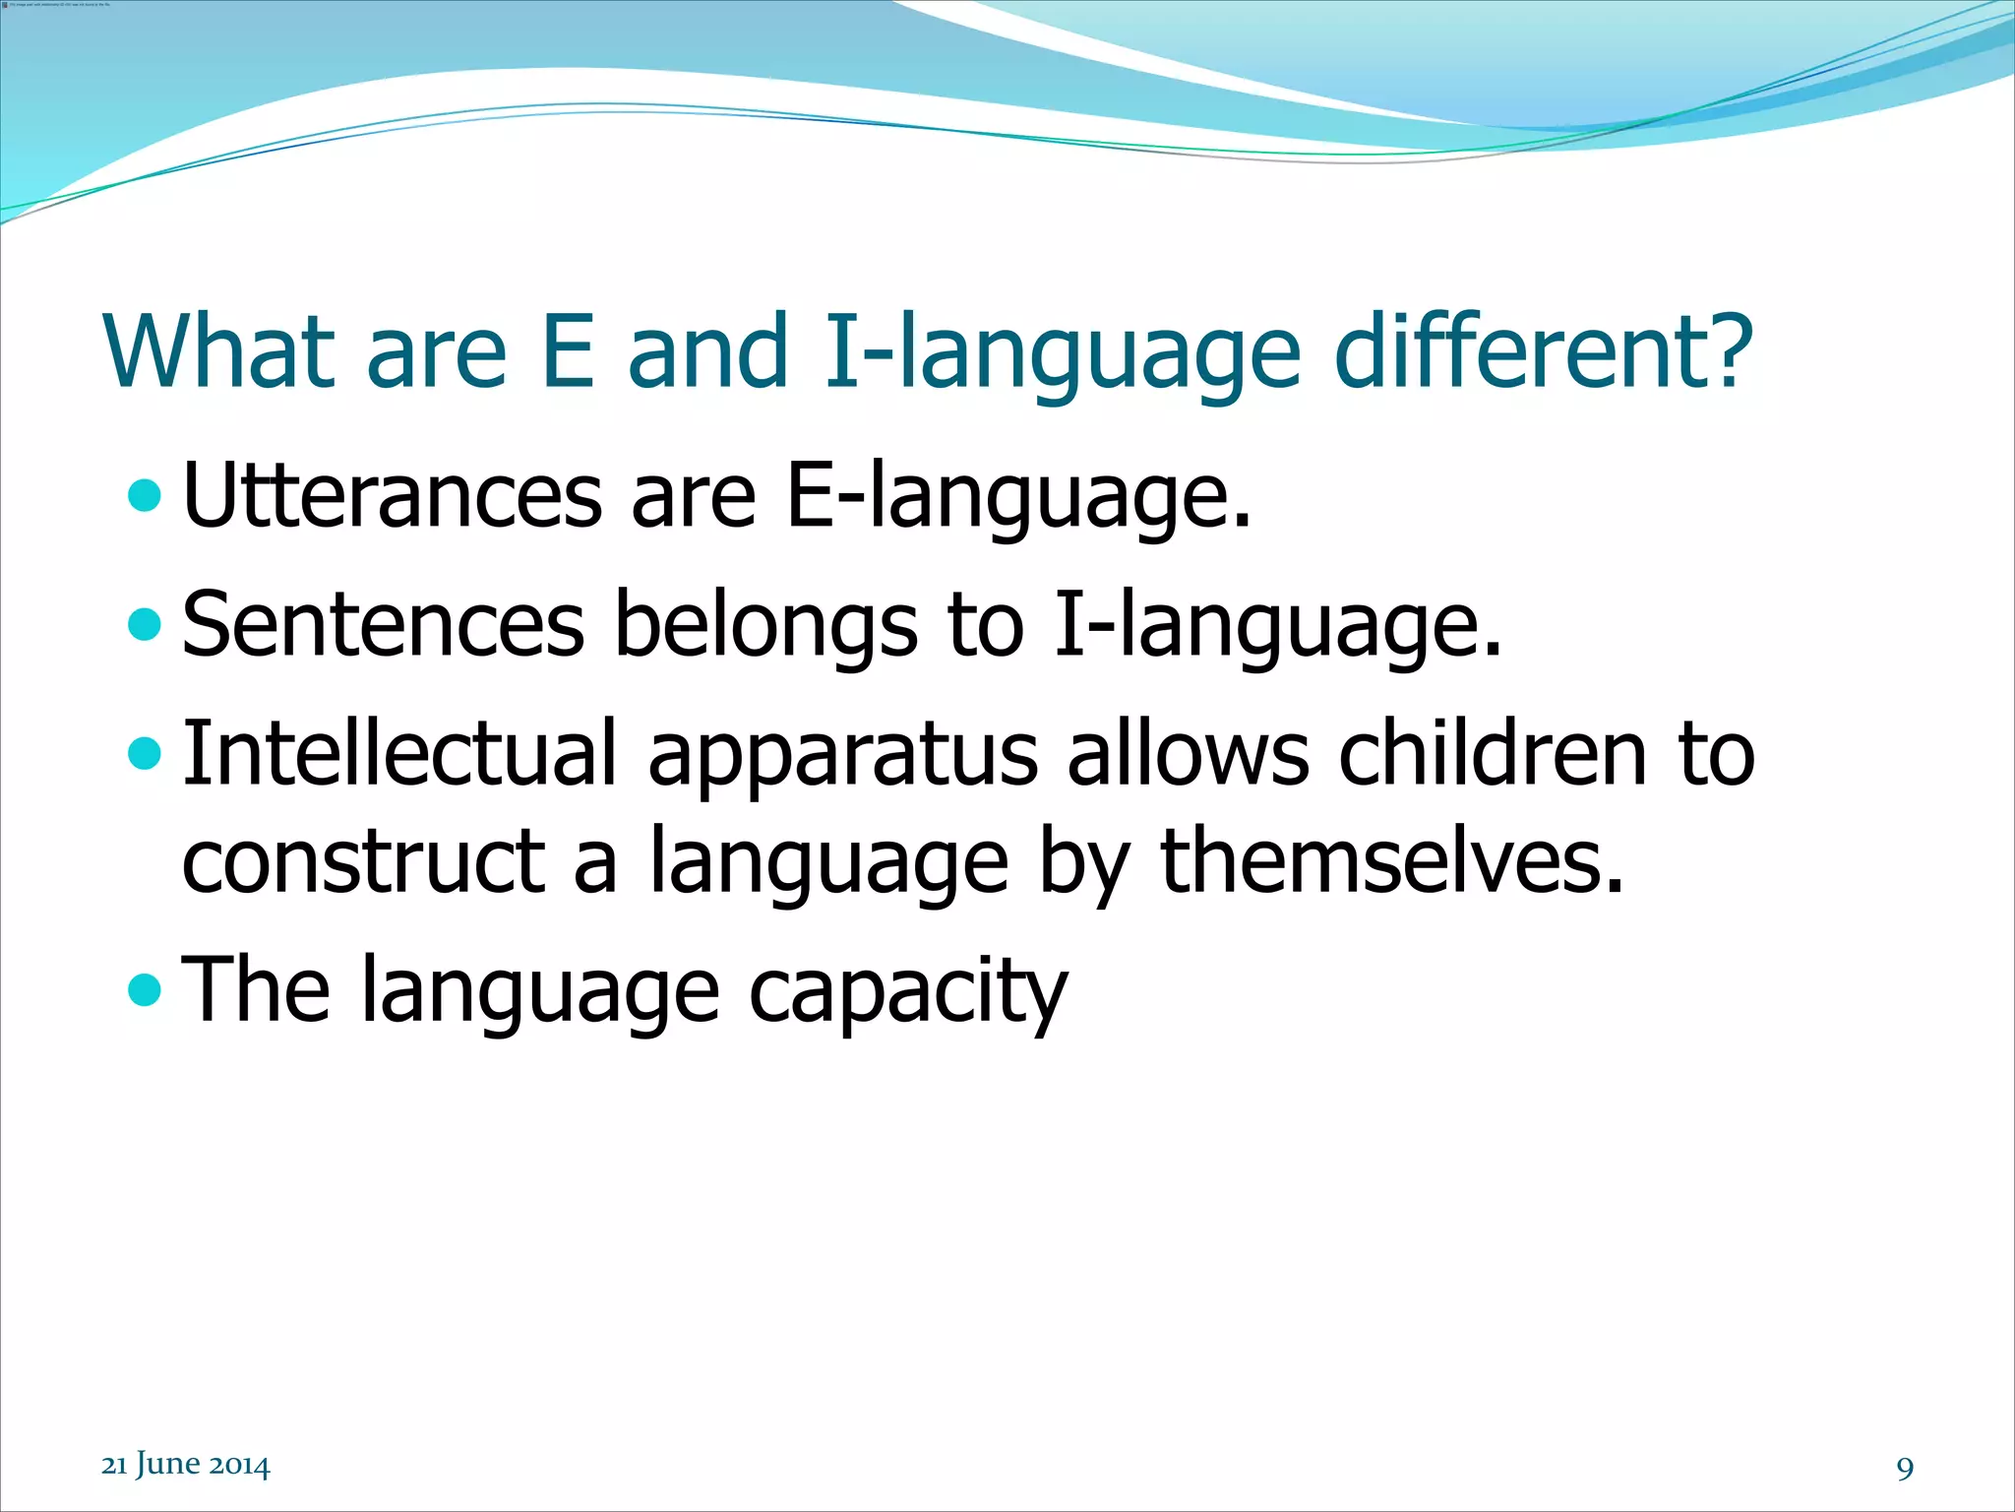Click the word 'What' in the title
pos(218,350)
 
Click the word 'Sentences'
pos(384,625)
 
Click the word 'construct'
pos(363,862)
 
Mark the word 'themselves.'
pos(1391,862)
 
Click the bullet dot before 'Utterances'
pos(144,495)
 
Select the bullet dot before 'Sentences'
pos(144,624)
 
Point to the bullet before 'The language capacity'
pos(144,989)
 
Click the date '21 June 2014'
pos(185,1465)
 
